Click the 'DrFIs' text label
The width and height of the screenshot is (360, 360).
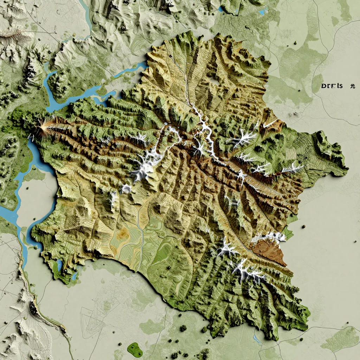click(x=332, y=86)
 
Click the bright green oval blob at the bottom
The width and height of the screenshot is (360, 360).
click(x=135, y=349)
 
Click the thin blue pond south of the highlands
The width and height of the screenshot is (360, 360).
click(x=257, y=339)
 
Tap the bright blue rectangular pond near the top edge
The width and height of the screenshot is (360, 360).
click(x=262, y=12)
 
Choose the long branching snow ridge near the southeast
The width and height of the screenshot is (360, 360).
click(x=248, y=271)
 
